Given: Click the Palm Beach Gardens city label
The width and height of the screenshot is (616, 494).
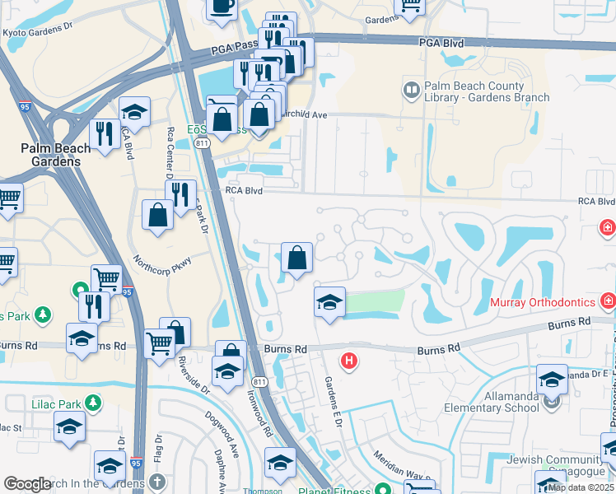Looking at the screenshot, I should (50, 154).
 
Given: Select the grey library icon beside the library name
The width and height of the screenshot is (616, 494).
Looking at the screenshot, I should (409, 88).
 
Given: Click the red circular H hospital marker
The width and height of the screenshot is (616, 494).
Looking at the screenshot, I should (349, 361).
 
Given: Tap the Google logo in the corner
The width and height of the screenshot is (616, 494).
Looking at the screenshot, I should (27, 484).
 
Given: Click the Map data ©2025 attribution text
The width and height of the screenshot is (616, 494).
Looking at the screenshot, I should (580, 487).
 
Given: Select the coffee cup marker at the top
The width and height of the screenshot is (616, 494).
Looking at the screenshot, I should (221, 6).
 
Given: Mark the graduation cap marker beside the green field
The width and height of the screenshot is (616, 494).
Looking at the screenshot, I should (329, 302).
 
